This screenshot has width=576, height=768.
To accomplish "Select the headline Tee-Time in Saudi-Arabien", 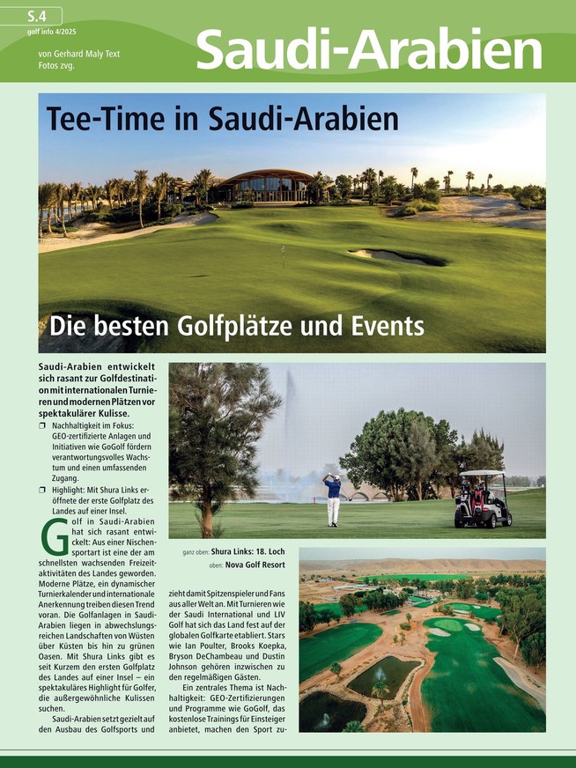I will [x=223, y=119].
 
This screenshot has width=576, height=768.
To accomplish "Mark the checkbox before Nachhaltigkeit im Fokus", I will [x=43, y=425].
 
